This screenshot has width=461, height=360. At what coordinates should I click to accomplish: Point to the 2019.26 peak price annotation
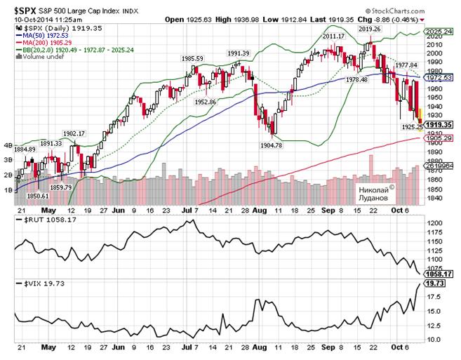click(x=369, y=29)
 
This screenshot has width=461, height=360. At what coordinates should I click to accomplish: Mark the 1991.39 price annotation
click(x=239, y=53)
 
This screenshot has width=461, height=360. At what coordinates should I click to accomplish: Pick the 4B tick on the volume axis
click(x=8, y=147)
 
